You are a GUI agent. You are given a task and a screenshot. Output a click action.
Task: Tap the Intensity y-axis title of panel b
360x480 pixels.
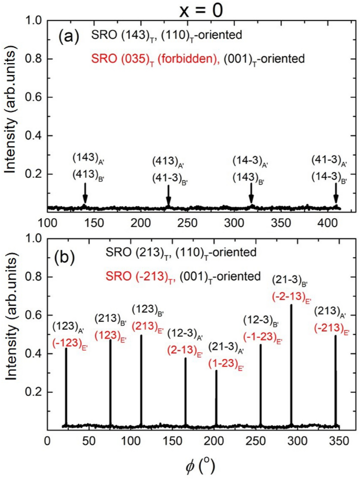pos(12,332)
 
